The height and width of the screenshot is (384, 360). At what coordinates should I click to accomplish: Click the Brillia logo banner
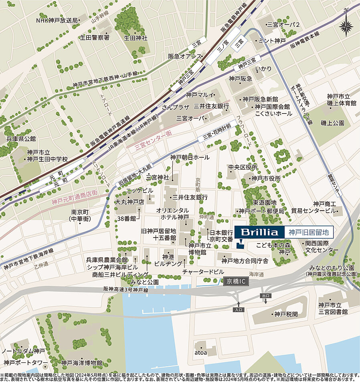[259, 232]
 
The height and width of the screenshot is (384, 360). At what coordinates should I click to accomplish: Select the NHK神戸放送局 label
[57, 20]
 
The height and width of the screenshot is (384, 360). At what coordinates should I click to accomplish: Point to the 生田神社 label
[136, 38]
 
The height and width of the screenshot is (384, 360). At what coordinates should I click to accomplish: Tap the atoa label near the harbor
[200, 353]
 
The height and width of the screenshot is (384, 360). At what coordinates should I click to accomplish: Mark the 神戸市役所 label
[265, 179]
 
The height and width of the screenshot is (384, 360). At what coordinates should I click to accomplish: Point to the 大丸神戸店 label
[129, 202]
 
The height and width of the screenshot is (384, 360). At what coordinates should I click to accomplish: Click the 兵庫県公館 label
[21, 139]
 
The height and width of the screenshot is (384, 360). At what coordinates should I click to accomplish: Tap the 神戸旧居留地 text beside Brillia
[309, 232]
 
